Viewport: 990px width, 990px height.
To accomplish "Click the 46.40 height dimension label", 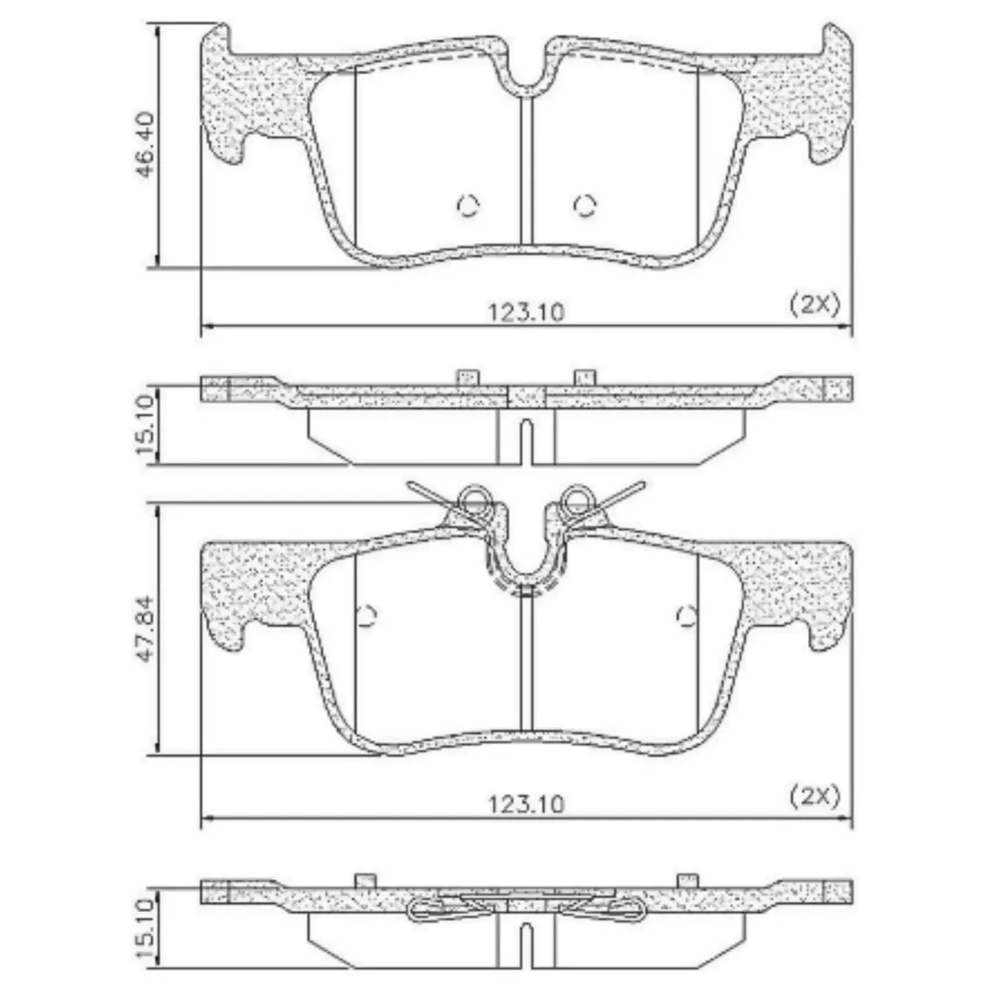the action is click(x=145, y=144).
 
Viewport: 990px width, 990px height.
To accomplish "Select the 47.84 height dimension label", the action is click(x=145, y=628).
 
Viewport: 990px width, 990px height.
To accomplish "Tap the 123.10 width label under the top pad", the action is click(x=526, y=312).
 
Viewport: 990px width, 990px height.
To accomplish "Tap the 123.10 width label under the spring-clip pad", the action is click(x=526, y=804).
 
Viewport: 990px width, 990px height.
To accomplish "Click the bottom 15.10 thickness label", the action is click(x=145, y=928).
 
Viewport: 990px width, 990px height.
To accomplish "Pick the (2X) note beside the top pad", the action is click(x=815, y=305).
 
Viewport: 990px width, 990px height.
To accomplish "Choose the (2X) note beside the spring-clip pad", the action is click(x=815, y=797).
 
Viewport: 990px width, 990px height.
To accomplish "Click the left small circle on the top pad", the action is click(x=467, y=205).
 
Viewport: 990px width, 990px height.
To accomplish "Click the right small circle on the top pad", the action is click(x=585, y=205).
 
